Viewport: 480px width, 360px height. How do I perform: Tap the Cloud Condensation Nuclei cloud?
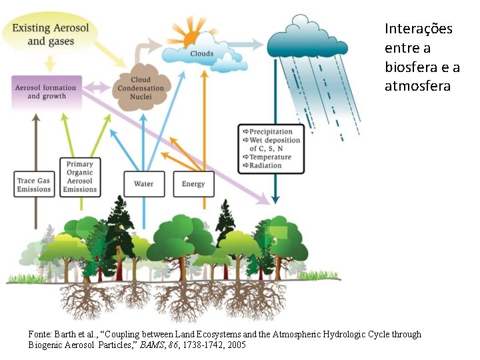[140, 89]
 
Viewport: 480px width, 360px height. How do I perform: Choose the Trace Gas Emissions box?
[34, 184]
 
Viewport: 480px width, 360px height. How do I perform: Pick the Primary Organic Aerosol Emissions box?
[79, 176]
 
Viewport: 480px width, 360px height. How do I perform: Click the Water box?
[143, 184]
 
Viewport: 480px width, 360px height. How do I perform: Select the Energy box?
[193, 184]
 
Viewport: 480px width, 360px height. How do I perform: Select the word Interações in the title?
[418, 29]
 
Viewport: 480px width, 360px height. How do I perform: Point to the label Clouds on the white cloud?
[202, 53]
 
